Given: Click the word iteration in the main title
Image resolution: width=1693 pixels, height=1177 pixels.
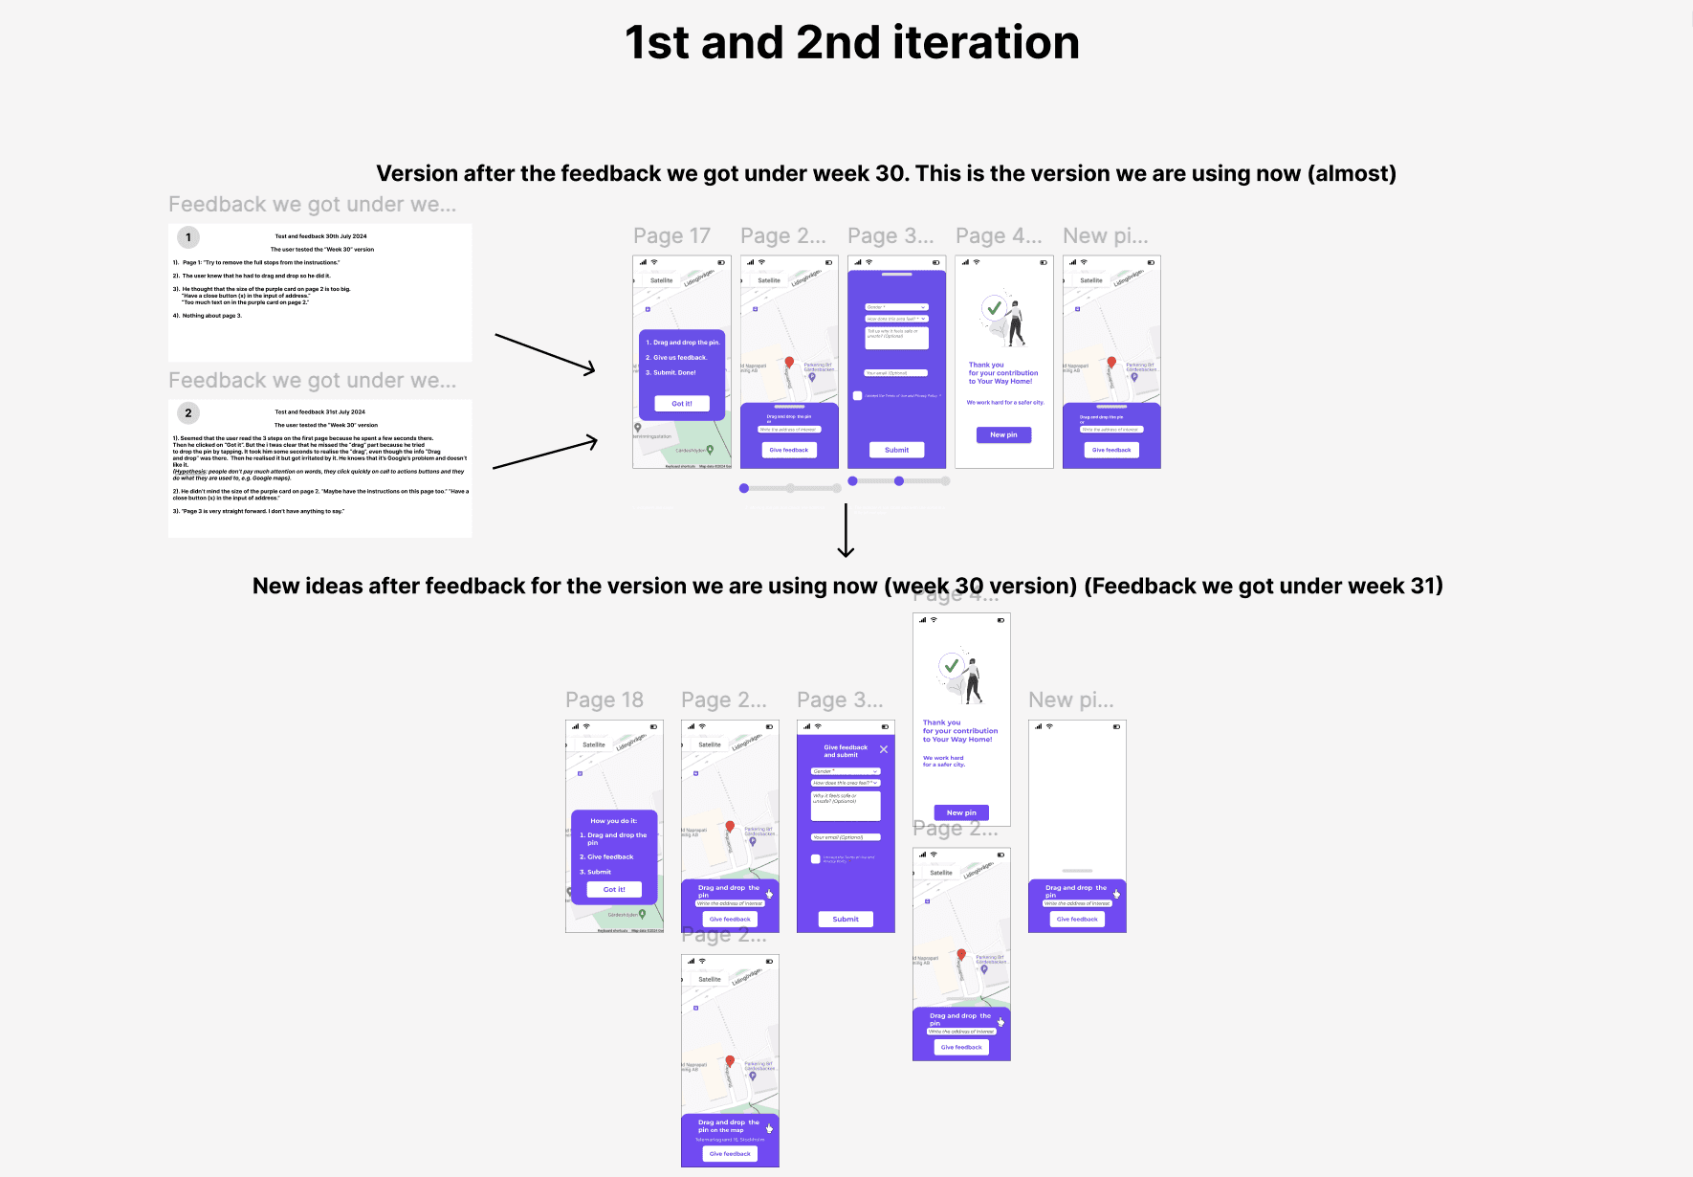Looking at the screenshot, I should click(x=985, y=43).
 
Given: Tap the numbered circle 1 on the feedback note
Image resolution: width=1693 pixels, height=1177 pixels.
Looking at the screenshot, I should click(x=188, y=237).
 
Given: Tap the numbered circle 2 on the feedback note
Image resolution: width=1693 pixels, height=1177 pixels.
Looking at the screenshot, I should click(x=188, y=413).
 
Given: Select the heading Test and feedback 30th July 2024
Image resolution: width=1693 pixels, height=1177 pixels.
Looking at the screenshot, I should click(x=320, y=236).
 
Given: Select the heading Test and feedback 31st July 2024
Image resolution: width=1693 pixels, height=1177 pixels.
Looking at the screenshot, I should click(x=319, y=412).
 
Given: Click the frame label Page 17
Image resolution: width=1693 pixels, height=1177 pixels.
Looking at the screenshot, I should click(x=671, y=236).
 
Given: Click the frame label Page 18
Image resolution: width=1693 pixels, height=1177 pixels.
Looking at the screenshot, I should click(x=604, y=700).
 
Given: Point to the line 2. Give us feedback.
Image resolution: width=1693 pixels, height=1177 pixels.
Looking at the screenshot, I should click(x=676, y=358).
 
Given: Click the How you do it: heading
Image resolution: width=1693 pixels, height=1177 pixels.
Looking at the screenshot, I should click(x=613, y=821).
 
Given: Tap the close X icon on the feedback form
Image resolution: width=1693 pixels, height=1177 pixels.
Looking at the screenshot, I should click(x=884, y=749).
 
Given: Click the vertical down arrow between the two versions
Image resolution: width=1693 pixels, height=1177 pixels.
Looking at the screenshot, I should click(x=846, y=530).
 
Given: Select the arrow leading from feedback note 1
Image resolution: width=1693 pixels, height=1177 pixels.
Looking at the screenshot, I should click(x=545, y=354).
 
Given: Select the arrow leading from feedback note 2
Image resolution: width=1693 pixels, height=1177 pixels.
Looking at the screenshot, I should click(x=545, y=455).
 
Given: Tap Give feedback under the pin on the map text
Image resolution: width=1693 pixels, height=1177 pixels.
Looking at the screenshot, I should click(x=730, y=1154).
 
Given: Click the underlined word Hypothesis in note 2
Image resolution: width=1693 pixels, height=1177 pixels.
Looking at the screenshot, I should click(x=189, y=472).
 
